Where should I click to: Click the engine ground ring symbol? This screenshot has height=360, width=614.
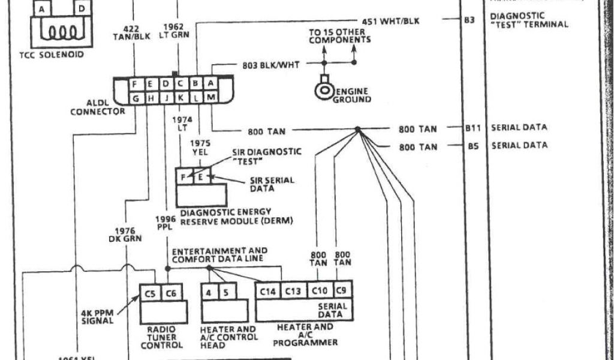tap(325, 91)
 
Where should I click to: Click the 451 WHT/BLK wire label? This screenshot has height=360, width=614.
tap(391, 22)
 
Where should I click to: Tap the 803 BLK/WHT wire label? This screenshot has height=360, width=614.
tap(271, 64)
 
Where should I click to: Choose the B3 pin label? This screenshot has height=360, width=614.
tap(469, 20)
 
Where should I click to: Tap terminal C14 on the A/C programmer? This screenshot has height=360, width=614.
tap(268, 291)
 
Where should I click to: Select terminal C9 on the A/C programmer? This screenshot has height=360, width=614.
tap(341, 291)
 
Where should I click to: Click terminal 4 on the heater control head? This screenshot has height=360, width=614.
tap(208, 292)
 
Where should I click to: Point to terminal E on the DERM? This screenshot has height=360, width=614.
tap(200, 176)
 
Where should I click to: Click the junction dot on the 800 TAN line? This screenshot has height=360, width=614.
tap(357, 130)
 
